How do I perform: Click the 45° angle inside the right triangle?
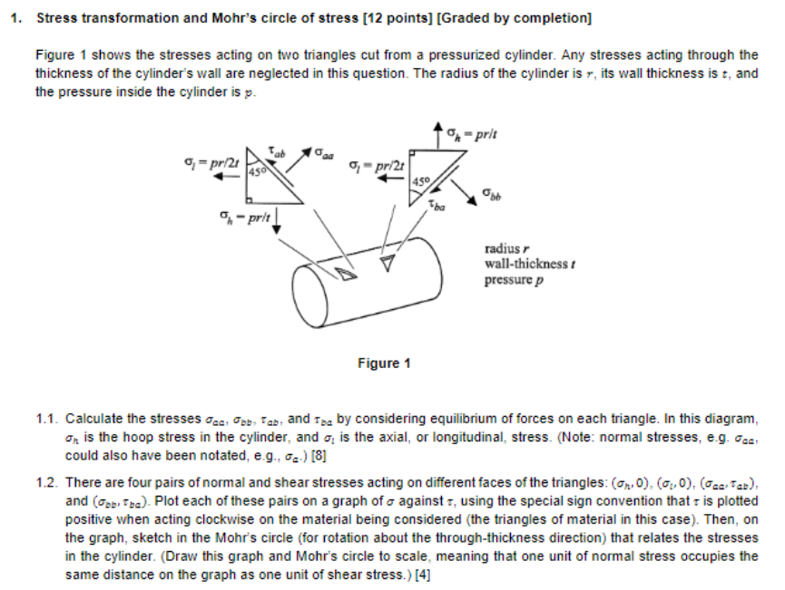[x=417, y=180]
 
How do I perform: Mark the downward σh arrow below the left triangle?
[x=275, y=223]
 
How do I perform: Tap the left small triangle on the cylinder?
[x=346, y=273]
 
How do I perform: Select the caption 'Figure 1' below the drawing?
[x=378, y=363]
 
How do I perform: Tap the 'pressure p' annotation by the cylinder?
[x=513, y=279]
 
